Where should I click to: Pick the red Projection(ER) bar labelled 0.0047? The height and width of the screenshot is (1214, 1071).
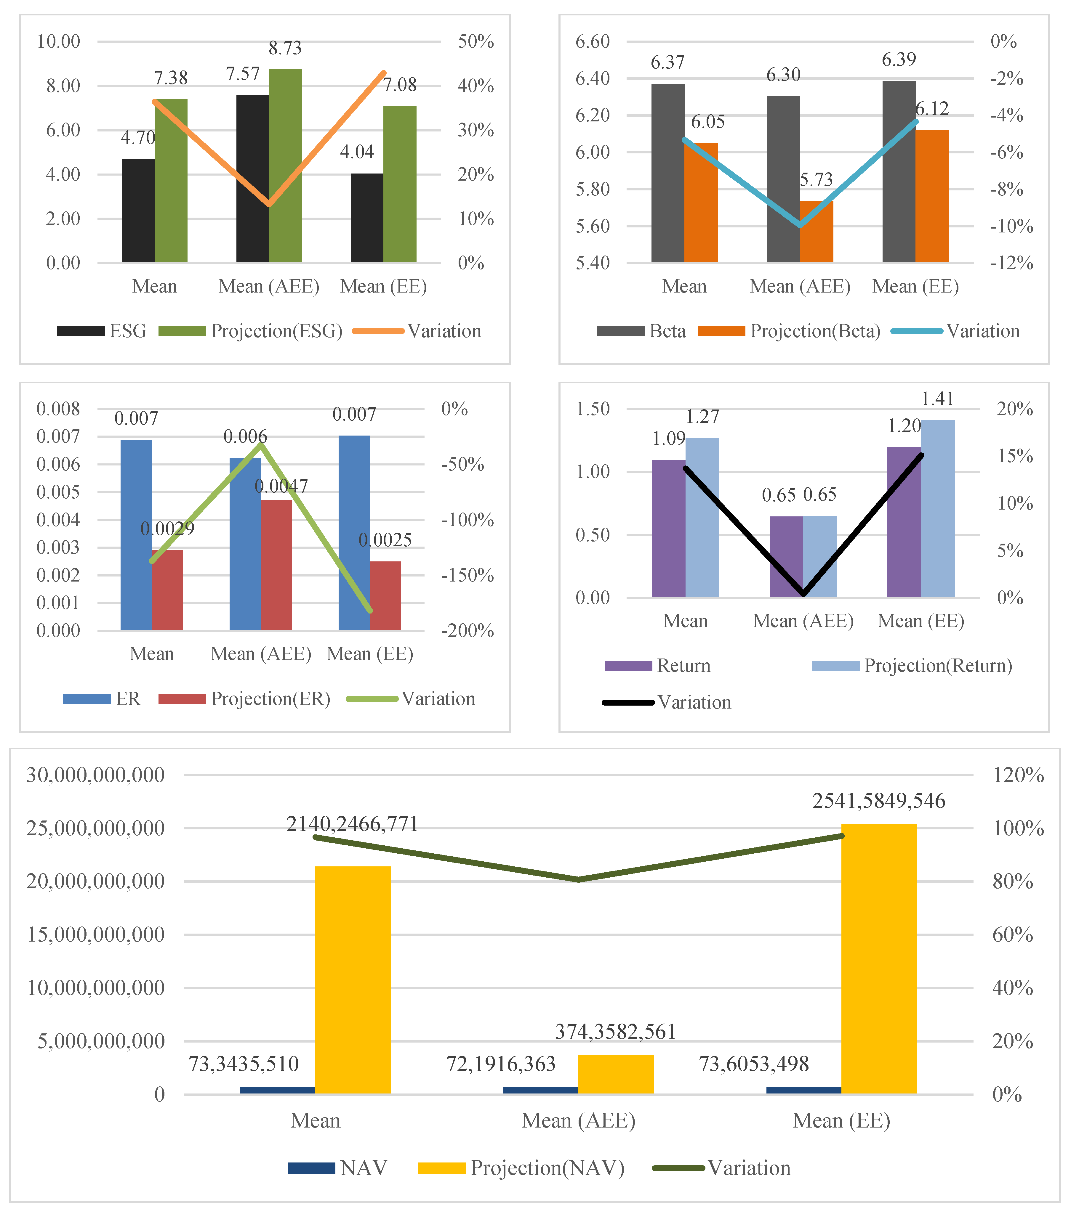click(x=276, y=564)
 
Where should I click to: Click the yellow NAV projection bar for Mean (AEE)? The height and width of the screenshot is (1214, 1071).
click(x=616, y=1074)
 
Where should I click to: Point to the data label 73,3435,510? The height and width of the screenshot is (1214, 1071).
click(x=244, y=1064)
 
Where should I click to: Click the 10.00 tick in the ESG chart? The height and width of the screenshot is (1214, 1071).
click(x=58, y=41)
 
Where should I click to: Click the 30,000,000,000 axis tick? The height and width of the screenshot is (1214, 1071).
click(x=95, y=775)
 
